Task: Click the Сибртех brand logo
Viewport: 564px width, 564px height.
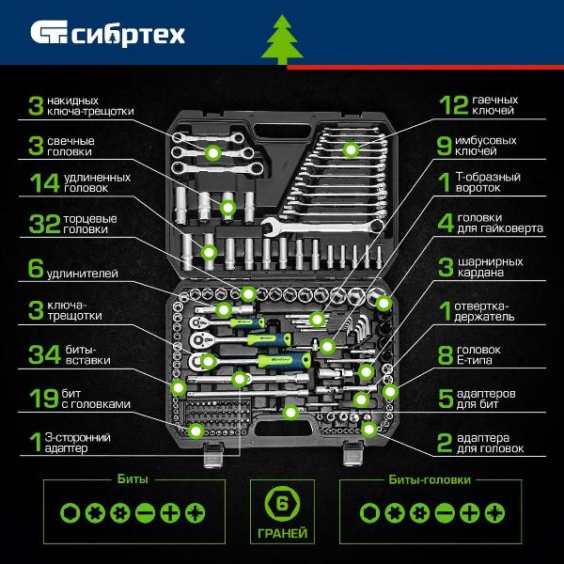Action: point(107,34)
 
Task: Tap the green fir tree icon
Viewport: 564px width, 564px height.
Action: point(282,39)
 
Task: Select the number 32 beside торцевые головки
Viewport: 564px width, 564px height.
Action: point(44,224)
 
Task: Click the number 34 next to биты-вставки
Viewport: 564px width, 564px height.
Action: point(44,354)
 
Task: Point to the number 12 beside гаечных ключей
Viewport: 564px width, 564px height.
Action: point(454,105)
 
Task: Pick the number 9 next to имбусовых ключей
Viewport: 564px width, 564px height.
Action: point(444,146)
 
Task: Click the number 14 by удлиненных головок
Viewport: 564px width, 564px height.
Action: point(44,182)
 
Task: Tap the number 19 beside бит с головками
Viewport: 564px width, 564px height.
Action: point(43,399)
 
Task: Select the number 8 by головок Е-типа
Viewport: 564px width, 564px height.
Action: point(446,355)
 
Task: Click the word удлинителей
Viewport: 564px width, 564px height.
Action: point(83,274)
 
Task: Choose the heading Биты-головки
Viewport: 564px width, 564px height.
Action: point(430,479)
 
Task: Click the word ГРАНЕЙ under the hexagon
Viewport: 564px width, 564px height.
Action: point(282,533)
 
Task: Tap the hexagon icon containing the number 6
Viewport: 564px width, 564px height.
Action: point(282,504)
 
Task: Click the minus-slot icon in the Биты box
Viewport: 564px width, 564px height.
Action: point(145,513)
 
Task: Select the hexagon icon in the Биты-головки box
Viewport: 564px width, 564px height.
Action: point(369,513)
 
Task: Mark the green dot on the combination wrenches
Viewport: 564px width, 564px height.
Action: point(351,149)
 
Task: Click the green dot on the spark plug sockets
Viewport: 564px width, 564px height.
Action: point(227,208)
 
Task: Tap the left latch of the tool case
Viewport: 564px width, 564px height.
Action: point(213,455)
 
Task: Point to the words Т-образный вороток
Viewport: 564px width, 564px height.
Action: point(488,182)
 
